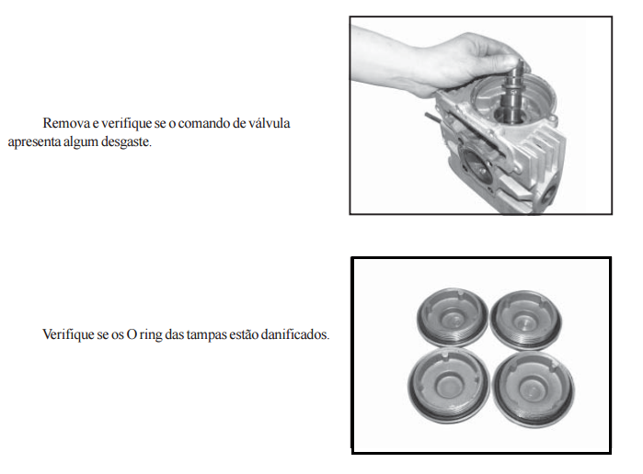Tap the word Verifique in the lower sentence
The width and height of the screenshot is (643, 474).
[68, 334]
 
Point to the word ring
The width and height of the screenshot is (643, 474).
[151, 335]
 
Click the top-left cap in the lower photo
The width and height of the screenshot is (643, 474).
[453, 317]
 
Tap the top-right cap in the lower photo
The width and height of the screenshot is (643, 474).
[526, 320]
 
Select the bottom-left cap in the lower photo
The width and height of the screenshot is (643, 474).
[449, 384]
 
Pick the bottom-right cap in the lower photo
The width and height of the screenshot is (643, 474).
[534, 389]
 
